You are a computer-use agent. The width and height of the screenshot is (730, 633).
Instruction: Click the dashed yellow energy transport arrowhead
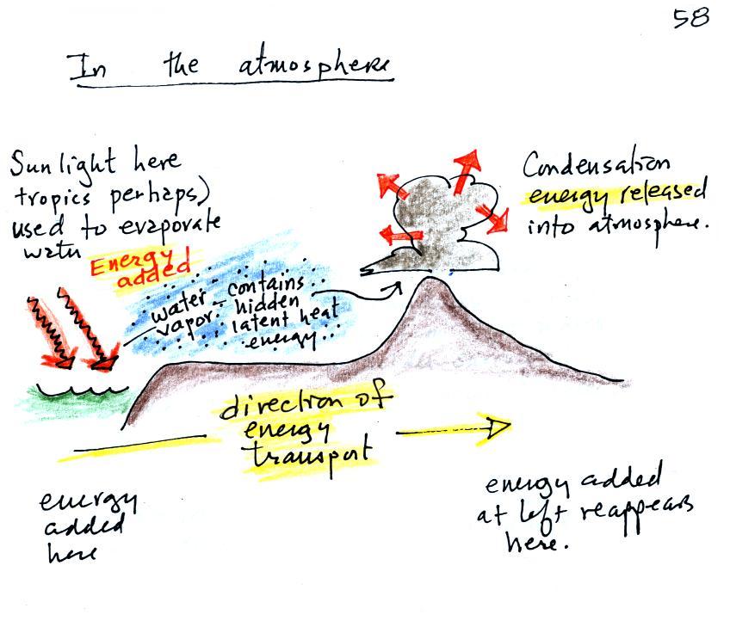click(498, 426)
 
